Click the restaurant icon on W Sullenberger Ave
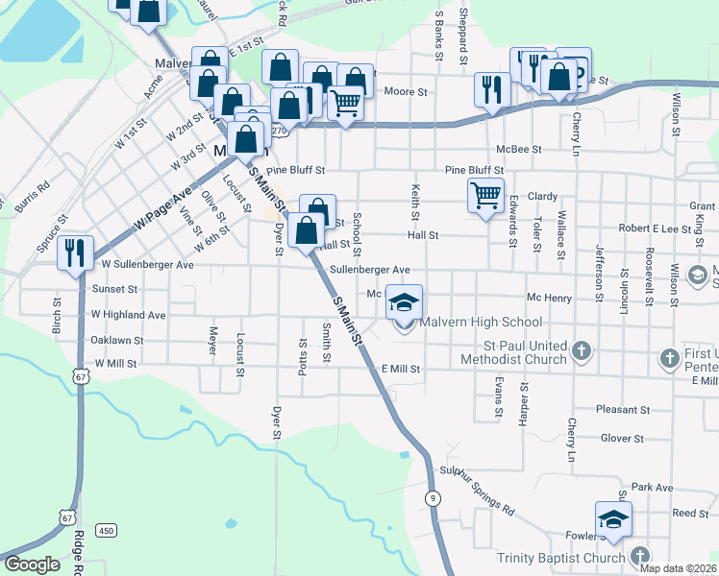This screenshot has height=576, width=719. click(x=74, y=252)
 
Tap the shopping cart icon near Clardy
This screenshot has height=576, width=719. click(x=486, y=195)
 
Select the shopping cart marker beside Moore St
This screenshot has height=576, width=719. click(x=345, y=103)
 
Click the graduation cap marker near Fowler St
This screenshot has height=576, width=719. click(x=613, y=518)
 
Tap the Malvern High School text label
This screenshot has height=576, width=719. click(x=482, y=323)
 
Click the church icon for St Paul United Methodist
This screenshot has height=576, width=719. click(x=581, y=351)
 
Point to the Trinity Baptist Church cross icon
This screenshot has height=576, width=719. click(x=639, y=556)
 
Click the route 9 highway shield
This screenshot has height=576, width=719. click(x=434, y=497)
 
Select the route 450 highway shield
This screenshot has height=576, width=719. click(x=106, y=531)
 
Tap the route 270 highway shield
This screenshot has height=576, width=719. click(x=279, y=129)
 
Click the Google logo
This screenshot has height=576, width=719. click(x=33, y=564)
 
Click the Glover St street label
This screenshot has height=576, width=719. click(x=621, y=439)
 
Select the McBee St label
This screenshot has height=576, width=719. click(x=519, y=149)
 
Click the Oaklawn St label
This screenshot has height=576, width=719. click(x=116, y=340)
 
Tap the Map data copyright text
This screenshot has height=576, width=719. click(x=677, y=568)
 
